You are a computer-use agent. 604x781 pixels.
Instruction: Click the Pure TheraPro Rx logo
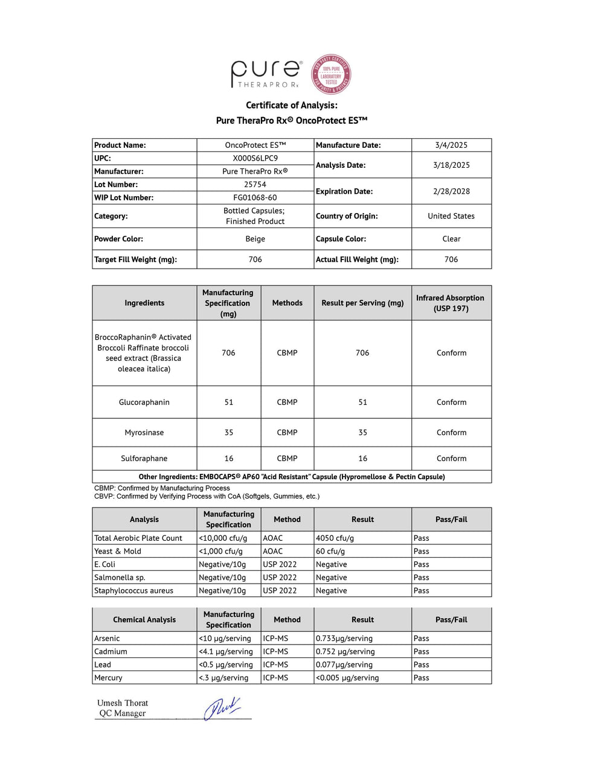266,74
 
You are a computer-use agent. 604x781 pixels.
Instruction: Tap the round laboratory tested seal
331,75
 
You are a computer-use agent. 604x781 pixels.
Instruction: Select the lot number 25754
255,185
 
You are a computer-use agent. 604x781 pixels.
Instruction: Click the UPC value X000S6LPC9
255,158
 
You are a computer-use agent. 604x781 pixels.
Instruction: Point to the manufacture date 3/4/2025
451,145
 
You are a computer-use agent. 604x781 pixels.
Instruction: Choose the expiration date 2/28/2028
451,191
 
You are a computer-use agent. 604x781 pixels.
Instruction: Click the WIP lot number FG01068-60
255,198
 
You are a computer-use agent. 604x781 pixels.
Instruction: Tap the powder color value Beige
255,239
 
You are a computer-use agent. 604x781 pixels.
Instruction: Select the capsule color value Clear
451,239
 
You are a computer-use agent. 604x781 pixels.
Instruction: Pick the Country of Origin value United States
451,216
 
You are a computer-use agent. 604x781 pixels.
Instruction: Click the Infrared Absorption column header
451,303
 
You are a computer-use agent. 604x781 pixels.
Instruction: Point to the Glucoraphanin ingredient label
144,403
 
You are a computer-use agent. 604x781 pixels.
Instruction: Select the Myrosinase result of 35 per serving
362,433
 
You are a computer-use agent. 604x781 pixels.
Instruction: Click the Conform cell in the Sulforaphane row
451,459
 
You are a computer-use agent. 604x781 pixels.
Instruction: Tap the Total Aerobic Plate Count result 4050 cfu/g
335,538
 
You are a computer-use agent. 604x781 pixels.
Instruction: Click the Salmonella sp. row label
120,578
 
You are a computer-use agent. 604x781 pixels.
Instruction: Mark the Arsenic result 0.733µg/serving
344,639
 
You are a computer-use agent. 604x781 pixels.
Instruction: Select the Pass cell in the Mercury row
422,678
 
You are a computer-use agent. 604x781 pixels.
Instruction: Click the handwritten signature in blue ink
222,708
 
